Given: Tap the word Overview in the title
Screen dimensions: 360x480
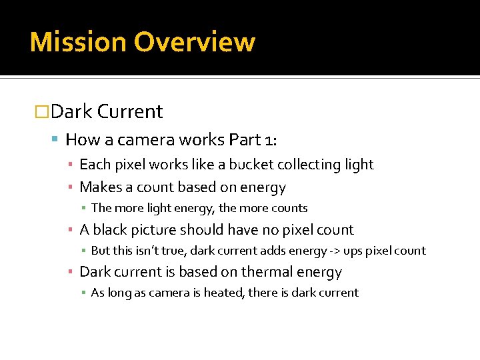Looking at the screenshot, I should [195, 42].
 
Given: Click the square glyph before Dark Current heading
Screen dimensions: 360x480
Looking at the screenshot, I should [42, 111].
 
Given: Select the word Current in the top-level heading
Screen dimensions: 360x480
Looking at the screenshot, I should [130, 111].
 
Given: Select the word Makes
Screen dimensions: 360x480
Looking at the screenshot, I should [98, 187].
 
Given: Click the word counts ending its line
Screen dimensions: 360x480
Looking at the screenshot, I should [289, 209].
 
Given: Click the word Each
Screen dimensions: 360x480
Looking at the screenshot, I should [94, 165].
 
